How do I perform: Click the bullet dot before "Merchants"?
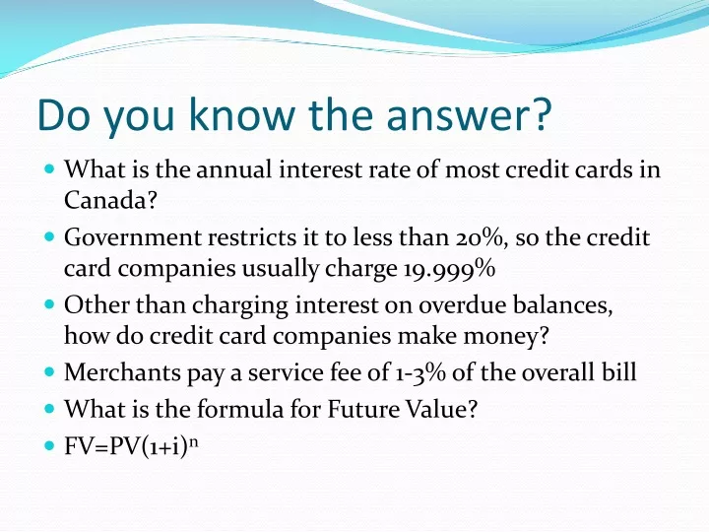coord(50,373)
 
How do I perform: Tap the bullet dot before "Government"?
coord(50,237)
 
